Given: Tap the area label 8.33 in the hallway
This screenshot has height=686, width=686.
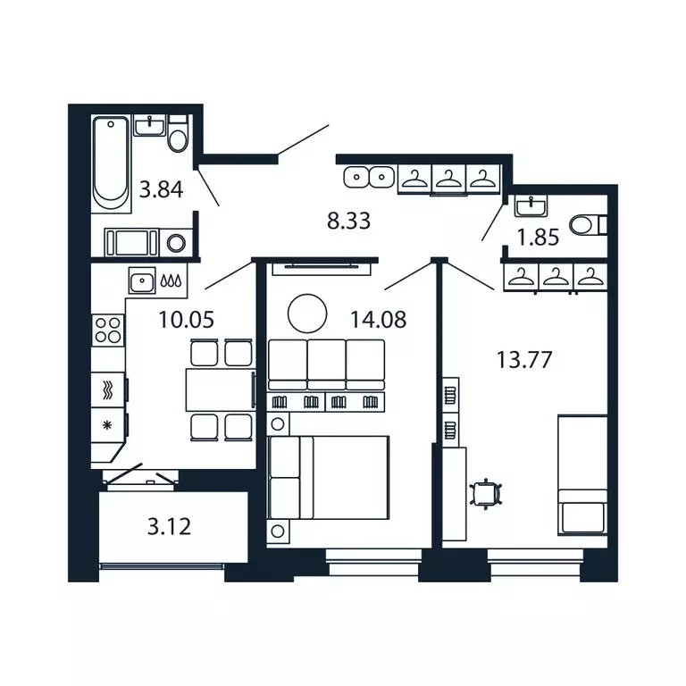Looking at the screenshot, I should click(x=349, y=222).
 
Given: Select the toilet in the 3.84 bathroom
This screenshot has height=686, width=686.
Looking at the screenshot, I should click(x=178, y=138).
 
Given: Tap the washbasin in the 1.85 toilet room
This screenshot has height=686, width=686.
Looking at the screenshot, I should click(x=533, y=207).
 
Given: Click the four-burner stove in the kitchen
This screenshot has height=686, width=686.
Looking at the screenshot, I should click(x=108, y=330).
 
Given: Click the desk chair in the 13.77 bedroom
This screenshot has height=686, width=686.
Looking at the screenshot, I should click(x=485, y=491).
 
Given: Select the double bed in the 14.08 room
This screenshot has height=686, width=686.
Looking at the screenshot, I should click(x=330, y=476).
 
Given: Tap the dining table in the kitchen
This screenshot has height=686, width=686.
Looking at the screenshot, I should click(x=219, y=390).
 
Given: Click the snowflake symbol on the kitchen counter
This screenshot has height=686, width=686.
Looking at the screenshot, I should click(x=109, y=423).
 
